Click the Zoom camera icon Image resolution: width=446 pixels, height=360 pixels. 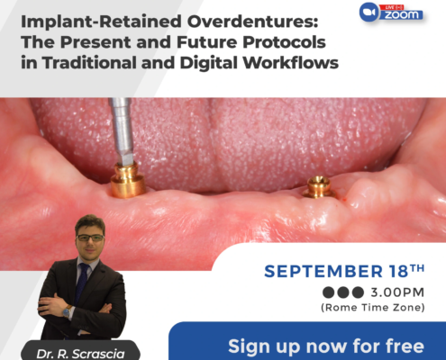[x=369, y=12]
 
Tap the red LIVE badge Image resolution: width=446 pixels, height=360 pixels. [x=391, y=7]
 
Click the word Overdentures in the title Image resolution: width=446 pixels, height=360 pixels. [x=252, y=22]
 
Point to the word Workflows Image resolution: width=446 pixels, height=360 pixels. [x=290, y=63]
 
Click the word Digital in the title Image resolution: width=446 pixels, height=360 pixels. [x=208, y=63]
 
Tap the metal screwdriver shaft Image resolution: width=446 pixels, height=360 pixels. [x=122, y=131]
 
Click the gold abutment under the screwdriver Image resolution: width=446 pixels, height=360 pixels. [x=127, y=180]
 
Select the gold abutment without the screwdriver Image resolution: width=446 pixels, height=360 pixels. [x=319, y=187]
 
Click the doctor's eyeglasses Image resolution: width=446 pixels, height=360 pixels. [x=90, y=238]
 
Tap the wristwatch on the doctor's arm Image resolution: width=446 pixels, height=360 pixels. [x=67, y=312]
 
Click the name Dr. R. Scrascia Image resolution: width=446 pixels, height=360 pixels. [x=80, y=354]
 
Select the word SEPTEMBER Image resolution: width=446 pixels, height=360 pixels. [x=323, y=272]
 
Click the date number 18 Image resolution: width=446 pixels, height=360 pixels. [x=398, y=271]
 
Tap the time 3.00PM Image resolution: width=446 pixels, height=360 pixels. [x=397, y=292]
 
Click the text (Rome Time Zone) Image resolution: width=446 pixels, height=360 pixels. [x=373, y=308]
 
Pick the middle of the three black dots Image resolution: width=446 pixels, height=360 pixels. [x=343, y=292]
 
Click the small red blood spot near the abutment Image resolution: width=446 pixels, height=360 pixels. [x=345, y=199]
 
